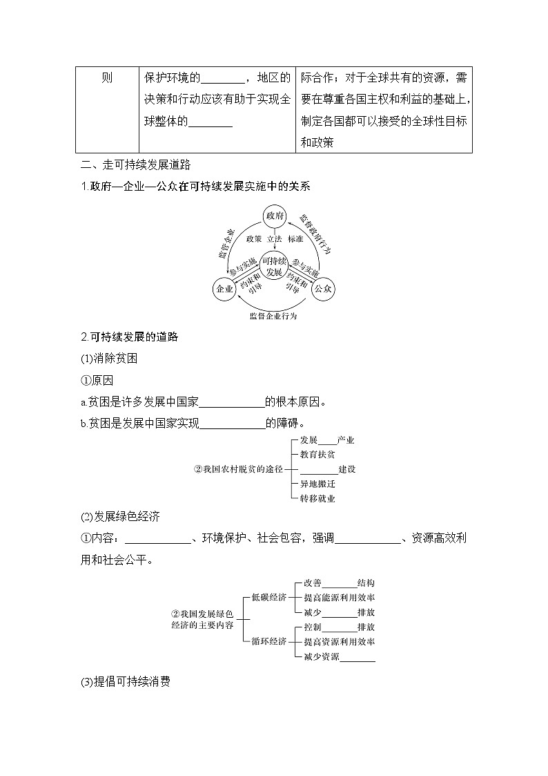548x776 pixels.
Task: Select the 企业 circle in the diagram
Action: tap(224, 289)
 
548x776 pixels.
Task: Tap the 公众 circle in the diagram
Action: tap(323, 289)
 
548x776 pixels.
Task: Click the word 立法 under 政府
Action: tap(275, 238)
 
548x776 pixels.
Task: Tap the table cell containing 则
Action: tap(107, 77)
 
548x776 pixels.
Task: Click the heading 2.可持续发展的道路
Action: tap(130, 337)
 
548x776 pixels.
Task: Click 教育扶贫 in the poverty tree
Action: tap(317, 455)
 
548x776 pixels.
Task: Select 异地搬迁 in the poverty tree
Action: tap(317, 484)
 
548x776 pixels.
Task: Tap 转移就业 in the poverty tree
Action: tap(317, 498)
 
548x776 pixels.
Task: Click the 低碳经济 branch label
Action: tap(268, 597)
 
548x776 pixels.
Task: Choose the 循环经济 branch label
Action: tap(268, 641)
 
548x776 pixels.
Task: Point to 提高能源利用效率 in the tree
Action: tap(340, 598)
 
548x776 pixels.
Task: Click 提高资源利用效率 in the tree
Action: tap(340, 642)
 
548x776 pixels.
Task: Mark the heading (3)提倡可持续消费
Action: tap(126, 682)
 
